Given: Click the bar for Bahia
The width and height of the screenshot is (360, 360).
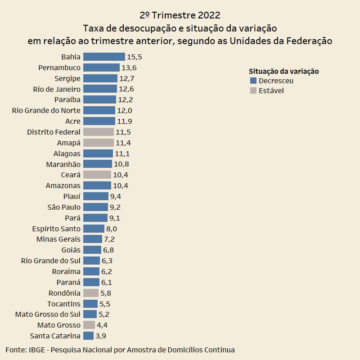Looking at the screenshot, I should coord(104,57).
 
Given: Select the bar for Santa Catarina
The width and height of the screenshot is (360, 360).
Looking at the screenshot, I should coord(89,336).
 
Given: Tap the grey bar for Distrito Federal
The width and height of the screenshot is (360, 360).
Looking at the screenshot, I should coord(99,132).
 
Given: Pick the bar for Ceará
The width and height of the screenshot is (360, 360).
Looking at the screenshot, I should coord(97,175).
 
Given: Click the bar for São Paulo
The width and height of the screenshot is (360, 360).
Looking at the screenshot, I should coord(95,207).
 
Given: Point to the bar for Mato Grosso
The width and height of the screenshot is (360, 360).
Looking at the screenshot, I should coord(89,325).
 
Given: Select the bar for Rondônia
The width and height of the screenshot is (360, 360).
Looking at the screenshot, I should coord(91,293).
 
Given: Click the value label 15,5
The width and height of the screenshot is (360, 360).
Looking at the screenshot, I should coord(135,57).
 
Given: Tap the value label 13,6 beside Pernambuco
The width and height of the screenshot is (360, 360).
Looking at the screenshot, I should coord(129,68).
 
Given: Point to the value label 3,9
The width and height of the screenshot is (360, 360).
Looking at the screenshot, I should coord(101,336).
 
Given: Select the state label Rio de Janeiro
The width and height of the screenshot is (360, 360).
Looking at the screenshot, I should coord(57,89).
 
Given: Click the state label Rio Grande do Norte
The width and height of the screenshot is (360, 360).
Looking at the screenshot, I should coord(46,111).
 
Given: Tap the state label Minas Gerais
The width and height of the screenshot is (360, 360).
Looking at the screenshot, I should coord(58,239).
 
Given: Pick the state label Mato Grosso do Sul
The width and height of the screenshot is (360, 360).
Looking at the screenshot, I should coord(48,315).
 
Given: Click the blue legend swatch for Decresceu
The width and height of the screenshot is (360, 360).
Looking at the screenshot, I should coord(253,81).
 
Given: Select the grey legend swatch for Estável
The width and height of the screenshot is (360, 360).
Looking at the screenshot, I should coord(253,91).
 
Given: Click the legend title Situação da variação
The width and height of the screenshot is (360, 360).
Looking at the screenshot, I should coord(283,72).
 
